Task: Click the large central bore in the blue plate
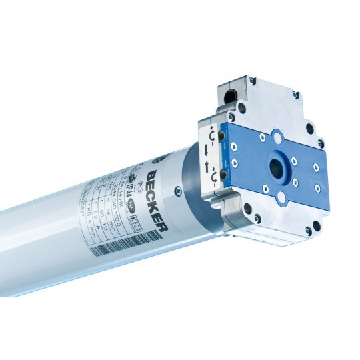275,165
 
